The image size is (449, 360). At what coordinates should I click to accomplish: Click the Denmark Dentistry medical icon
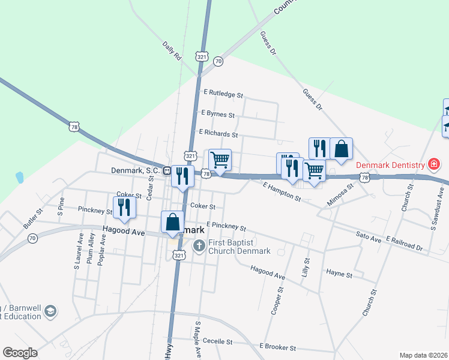(x=433, y=164)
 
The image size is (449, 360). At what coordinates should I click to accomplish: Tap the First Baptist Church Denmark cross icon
(x=199, y=245)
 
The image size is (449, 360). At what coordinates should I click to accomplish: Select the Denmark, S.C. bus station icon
(x=167, y=170)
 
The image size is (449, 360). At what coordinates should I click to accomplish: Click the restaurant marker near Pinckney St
(x=124, y=207)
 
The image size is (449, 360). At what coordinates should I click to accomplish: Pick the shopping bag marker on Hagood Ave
(x=173, y=221)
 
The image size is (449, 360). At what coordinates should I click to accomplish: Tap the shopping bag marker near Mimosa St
(x=341, y=149)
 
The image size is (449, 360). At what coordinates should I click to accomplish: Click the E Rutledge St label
(x=223, y=94)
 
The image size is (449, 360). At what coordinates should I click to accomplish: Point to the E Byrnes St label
(x=218, y=113)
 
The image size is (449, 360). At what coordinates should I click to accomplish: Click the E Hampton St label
(x=281, y=192)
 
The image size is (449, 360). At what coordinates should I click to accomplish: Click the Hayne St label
(x=339, y=274)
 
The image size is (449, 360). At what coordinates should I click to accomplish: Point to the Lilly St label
(x=306, y=266)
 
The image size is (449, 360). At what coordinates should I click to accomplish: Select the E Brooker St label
(x=277, y=347)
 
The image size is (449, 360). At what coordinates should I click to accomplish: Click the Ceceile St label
(x=217, y=341)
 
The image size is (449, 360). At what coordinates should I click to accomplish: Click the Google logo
(x=20, y=353)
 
